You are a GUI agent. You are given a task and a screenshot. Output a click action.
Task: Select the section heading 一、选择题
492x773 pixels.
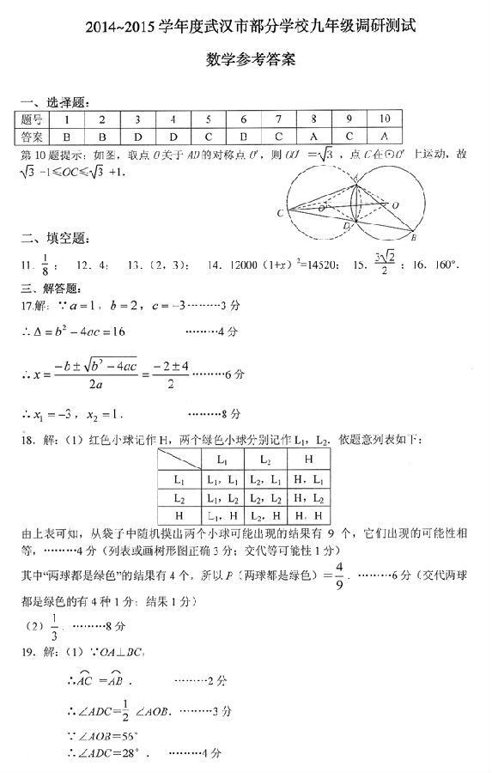(x=52, y=103)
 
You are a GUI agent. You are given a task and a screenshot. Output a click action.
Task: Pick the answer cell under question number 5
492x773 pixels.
(x=208, y=137)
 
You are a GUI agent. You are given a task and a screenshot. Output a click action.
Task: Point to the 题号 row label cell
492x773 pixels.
(x=33, y=120)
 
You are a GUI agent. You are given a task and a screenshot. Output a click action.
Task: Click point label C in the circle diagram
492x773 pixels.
(x=281, y=212)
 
